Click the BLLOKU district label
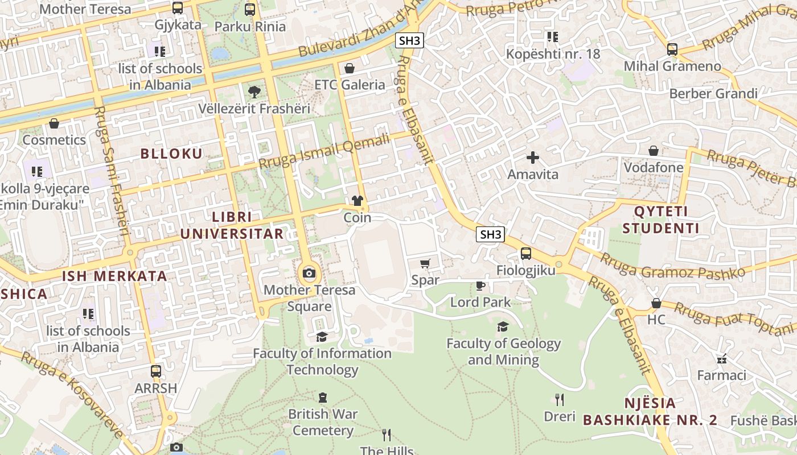[171, 154]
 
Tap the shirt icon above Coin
[358, 200]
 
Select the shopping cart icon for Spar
[425, 263]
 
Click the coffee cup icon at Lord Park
[480, 286]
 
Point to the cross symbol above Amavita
[533, 158]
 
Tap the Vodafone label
[654, 168]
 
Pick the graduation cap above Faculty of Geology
[503, 326]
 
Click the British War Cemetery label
[323, 422]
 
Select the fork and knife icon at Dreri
[560, 399]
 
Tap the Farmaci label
[721, 375]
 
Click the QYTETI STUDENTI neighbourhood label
[660, 220]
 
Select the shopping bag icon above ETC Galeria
[350, 68]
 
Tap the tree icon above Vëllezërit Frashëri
[254, 92]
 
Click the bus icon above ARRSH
[156, 371]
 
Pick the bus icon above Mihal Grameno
[672, 49]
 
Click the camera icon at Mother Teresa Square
[309, 274]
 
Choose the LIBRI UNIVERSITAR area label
[232, 225]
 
